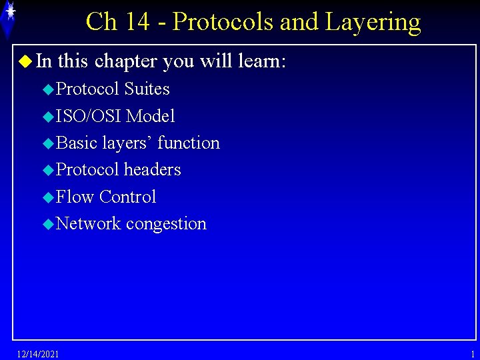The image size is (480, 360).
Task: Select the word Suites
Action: (147, 89)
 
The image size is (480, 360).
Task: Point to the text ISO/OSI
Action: (89, 116)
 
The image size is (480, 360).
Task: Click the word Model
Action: (151, 116)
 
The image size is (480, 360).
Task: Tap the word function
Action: (189, 143)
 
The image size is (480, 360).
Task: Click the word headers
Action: (153, 169)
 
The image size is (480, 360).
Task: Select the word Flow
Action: (73, 197)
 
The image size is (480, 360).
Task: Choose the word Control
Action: (127, 197)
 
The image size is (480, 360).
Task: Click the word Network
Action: (89, 223)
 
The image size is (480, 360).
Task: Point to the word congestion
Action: (166, 225)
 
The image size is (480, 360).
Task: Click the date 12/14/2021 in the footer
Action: (38, 353)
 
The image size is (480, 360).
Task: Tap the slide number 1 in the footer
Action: (473, 353)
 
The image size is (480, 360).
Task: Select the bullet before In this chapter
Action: (25, 62)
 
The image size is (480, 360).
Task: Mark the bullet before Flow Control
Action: (47, 197)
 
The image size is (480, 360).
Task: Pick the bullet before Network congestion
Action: (47, 224)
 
